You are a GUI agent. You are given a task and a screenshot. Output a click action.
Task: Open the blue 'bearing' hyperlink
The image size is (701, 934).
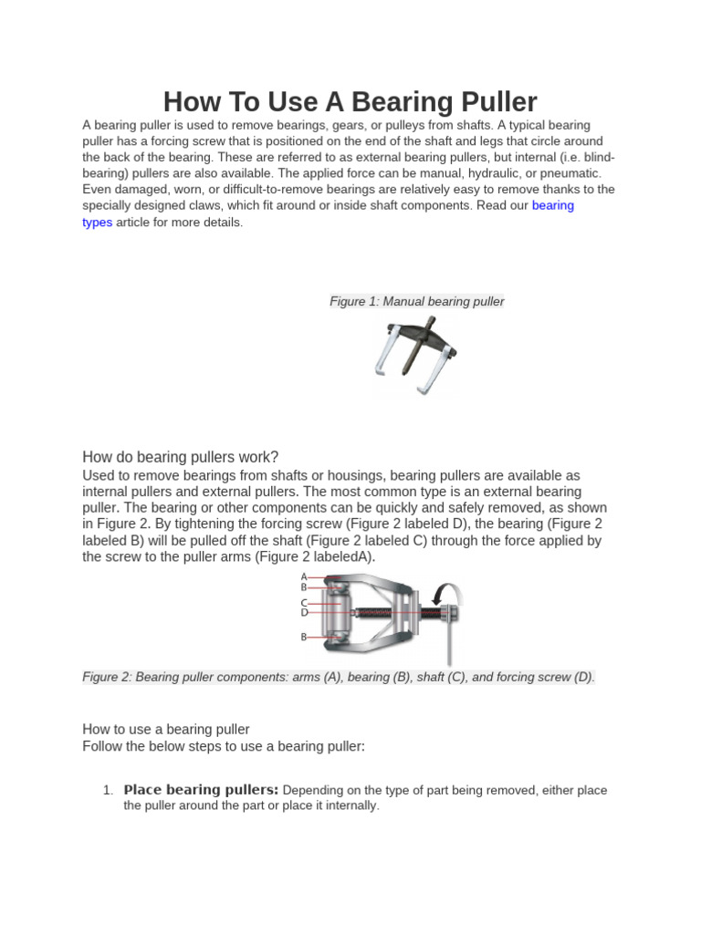click(x=552, y=205)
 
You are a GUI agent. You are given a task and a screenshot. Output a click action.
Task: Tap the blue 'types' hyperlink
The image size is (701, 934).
click(x=98, y=222)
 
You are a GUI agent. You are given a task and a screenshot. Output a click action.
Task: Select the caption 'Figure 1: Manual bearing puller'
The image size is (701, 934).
click(x=416, y=301)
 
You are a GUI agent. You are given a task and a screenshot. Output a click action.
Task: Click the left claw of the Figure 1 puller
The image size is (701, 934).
click(x=384, y=355)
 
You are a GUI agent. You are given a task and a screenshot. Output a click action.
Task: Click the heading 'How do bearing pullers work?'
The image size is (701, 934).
click(x=180, y=457)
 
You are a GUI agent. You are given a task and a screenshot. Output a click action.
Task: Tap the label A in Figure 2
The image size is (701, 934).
click(x=305, y=577)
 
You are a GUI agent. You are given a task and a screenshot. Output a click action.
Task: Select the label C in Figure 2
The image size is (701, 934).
click(x=305, y=602)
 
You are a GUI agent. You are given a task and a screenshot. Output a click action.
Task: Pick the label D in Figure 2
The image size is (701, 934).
click(x=305, y=613)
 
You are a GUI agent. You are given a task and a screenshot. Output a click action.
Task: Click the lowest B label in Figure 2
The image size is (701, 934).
click(x=305, y=638)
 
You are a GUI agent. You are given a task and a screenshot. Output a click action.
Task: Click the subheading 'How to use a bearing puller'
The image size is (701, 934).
click(x=166, y=729)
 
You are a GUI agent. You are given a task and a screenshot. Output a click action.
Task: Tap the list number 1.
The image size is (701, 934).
click(x=108, y=790)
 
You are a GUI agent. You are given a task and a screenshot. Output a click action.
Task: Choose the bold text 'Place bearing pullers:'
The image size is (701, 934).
click(x=201, y=790)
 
